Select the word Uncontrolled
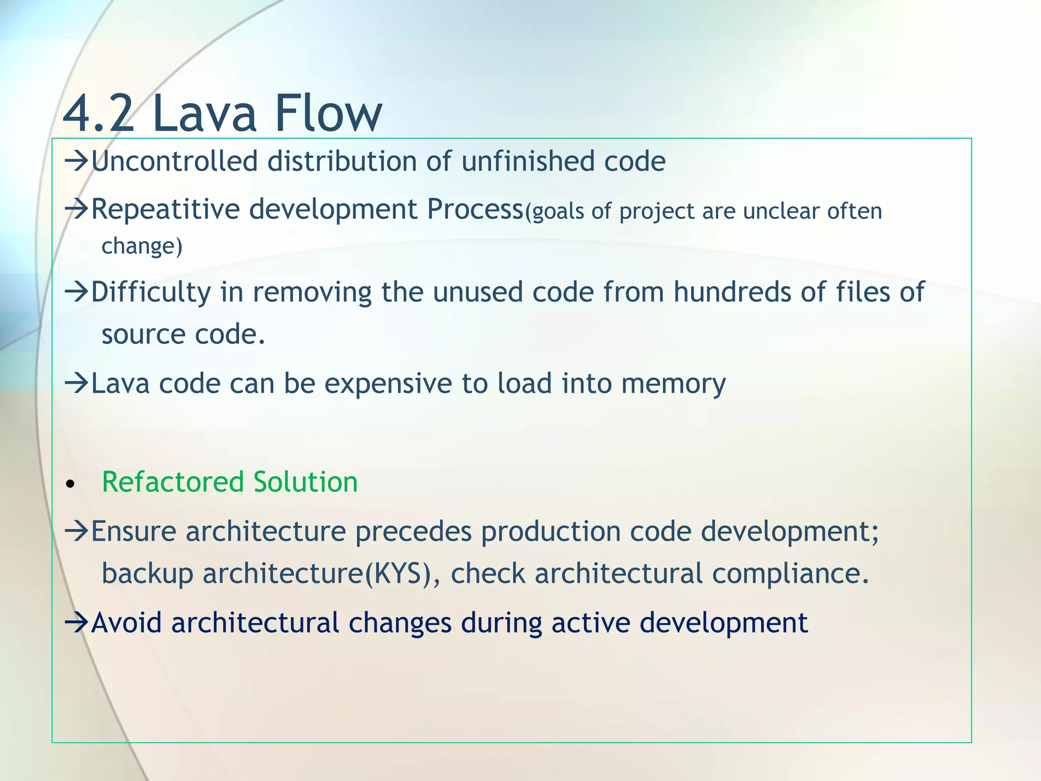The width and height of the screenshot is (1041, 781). pos(174,162)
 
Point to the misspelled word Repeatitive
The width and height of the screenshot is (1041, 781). pos(165,209)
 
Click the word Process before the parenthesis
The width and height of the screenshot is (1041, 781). pos(475,209)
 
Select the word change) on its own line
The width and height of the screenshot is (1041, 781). pos(142,247)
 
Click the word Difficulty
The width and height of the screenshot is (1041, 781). pos(150,293)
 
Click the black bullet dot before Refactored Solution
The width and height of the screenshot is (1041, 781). pos(71,484)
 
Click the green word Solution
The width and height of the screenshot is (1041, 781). pos(305,482)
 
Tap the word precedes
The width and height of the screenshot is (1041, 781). pos(413,532)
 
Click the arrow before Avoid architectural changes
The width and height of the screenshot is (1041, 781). pos(77,622)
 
